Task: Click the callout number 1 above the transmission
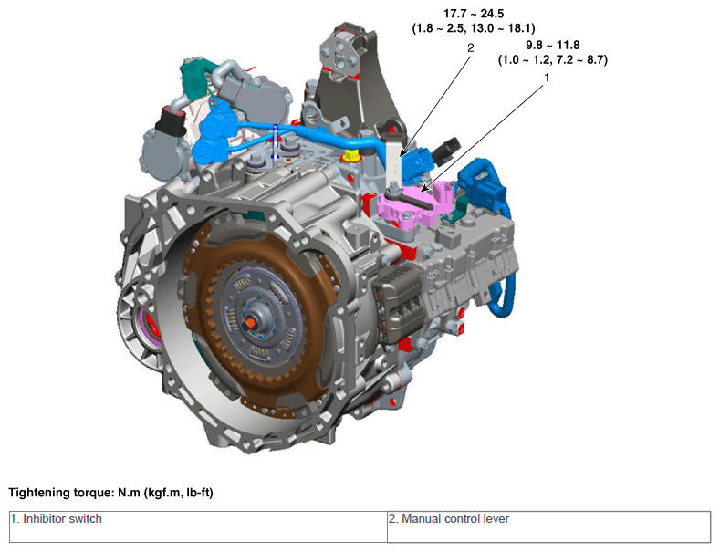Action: (x=547, y=78)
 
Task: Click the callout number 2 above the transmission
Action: (x=470, y=47)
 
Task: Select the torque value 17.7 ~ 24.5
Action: (x=474, y=14)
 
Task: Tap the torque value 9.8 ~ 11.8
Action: (x=552, y=45)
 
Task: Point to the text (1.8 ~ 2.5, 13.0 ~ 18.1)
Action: (x=474, y=28)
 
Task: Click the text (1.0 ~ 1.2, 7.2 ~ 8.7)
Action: (x=553, y=59)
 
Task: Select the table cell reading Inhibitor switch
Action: (x=198, y=526)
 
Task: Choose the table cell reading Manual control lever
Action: (x=548, y=526)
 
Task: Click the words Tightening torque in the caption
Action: (x=59, y=493)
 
